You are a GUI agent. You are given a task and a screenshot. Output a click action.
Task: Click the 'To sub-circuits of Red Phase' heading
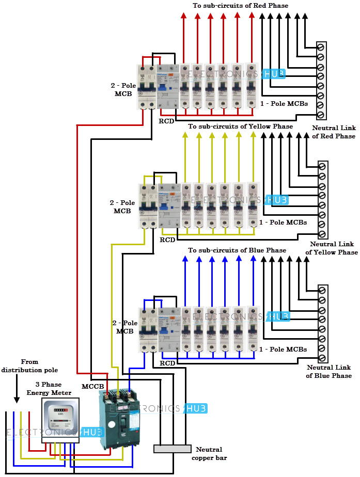240,5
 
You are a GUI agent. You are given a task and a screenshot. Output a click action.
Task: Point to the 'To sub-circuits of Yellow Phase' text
240,126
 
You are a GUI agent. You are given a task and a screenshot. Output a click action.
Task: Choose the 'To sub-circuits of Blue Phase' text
237,250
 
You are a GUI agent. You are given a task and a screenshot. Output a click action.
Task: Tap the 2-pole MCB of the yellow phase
148,206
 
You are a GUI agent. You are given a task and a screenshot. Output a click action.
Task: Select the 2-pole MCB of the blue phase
148,330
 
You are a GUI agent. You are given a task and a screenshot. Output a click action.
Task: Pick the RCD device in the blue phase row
169,330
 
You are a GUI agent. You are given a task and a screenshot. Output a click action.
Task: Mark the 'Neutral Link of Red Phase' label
334,132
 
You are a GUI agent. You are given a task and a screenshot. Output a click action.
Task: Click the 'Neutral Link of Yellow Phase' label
332,248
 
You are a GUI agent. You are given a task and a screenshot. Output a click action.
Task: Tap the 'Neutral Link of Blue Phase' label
329,372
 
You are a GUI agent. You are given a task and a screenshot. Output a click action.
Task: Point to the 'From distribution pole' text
29,366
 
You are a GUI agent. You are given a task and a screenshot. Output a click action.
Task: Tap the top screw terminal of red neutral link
320,47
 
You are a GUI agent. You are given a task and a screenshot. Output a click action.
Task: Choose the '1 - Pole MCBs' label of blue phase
283,349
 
